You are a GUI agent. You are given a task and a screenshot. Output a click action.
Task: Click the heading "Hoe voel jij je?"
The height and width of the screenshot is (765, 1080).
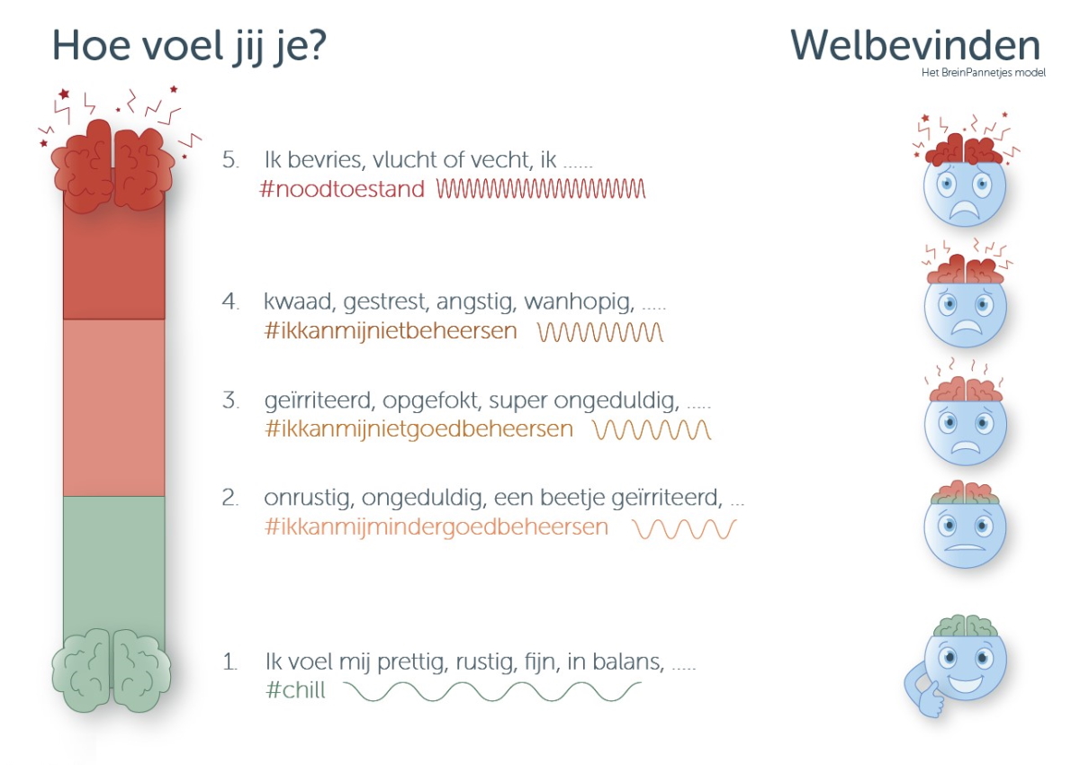[189, 47]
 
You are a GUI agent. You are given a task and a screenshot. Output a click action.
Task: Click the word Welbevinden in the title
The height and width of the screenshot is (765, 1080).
[915, 45]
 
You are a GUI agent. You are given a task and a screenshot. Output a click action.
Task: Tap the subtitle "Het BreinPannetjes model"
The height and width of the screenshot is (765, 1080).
[984, 73]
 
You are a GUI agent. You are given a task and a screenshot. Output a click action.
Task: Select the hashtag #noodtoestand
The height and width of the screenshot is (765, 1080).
[342, 188]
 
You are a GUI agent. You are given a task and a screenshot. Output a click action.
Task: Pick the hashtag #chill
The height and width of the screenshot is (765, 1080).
[295, 689]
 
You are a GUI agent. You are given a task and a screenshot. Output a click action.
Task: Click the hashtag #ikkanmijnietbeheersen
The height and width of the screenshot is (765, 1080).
[391, 330]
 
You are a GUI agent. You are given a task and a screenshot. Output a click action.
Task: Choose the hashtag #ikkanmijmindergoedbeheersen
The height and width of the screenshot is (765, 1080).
[436, 526]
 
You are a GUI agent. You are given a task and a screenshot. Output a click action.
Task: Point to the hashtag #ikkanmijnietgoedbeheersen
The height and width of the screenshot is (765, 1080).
[419, 429]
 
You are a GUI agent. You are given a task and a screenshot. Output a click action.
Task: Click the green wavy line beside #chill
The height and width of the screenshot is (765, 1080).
[492, 691]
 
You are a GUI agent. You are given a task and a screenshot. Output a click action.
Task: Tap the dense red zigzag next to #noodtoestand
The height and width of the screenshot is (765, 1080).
[541, 188]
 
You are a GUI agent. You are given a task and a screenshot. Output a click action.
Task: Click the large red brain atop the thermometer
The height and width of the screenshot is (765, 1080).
[113, 166]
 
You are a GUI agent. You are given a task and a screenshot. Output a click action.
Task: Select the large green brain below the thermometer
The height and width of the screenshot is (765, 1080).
[112, 670]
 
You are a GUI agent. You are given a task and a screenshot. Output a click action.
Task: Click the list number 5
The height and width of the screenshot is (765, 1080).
[230, 159]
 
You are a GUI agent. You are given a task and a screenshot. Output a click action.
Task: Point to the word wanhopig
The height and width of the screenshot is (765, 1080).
[579, 302]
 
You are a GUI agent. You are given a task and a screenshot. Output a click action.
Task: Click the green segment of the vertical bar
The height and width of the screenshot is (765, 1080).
[113, 564]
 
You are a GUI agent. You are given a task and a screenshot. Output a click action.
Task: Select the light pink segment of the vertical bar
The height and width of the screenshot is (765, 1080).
[113, 408]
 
